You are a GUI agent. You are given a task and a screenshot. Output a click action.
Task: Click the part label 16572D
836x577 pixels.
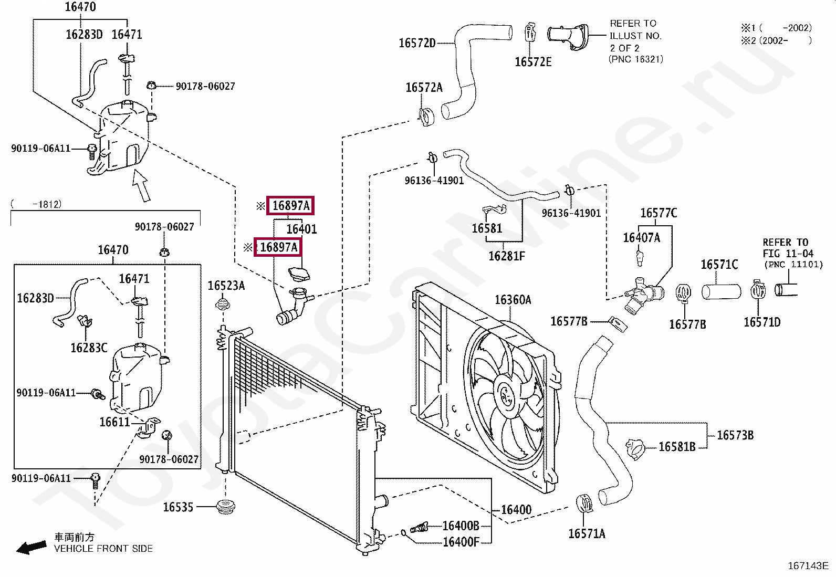coord(417,43)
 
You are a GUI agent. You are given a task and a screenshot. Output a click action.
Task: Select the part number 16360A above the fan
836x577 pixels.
coord(513,300)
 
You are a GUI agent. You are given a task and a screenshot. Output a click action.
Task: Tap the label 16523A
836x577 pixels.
coord(226,286)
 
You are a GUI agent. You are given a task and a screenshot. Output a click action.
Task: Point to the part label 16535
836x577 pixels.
coord(178,507)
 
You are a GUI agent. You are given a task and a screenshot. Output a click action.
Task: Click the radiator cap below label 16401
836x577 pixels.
coord(299,274)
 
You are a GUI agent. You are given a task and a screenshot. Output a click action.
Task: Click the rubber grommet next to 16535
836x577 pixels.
coord(226,507)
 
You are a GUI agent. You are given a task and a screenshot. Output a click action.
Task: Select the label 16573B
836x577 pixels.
coord(735,435)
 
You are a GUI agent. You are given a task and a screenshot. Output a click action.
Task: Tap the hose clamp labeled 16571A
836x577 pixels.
coord(584,503)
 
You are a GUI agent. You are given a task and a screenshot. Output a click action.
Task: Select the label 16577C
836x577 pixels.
coord(659,213)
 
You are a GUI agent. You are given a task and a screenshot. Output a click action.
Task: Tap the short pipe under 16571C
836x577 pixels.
coord(721,291)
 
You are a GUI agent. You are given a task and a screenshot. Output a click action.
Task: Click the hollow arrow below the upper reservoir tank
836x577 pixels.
coord(141,185)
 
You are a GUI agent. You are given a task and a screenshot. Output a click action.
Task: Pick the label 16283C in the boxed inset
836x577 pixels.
coord(89,348)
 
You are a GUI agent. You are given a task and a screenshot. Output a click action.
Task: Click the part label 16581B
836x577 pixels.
coord(677,447)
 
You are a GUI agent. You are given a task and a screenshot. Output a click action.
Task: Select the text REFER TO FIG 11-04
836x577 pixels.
coord(788,248)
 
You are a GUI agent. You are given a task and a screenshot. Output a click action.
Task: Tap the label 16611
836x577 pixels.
coord(114,422)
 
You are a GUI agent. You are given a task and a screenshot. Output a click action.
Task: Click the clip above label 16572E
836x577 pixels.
coord(530,32)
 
